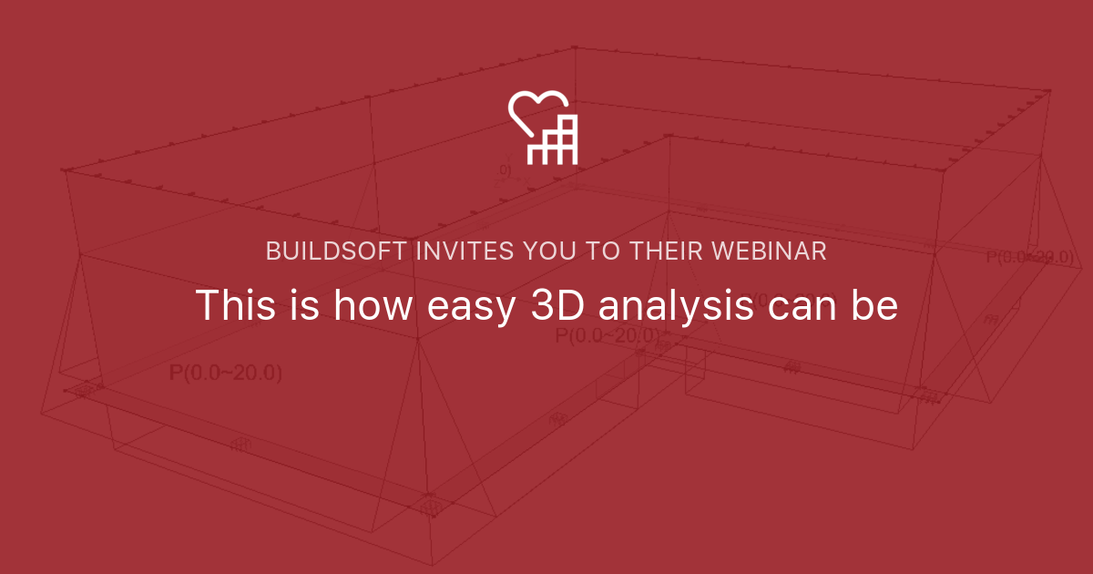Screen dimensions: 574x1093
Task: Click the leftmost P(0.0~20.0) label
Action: click(225, 373)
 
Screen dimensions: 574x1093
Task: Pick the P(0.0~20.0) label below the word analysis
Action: click(608, 336)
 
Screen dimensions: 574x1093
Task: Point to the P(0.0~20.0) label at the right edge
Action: click(1029, 257)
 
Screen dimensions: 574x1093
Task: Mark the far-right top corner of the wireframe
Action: click(1048, 91)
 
